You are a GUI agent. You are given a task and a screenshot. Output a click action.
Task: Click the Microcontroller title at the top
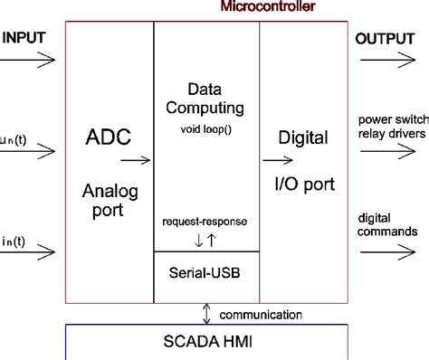[267, 6]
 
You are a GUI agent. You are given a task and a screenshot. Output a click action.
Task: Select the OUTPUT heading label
[385, 38]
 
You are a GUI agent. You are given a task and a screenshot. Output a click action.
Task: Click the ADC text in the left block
[108, 138]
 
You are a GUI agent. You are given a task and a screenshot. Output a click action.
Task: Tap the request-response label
[205, 221]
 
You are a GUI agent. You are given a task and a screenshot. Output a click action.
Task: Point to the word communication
[262, 315]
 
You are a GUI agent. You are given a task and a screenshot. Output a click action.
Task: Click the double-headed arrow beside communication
[208, 313]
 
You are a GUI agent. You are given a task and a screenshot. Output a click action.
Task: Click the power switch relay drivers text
[392, 128]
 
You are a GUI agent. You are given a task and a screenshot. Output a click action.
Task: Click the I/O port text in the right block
[304, 185]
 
